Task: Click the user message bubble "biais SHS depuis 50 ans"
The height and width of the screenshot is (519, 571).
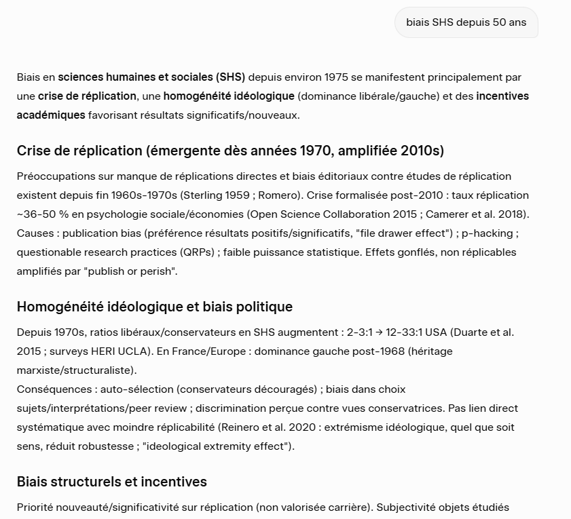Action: point(466,22)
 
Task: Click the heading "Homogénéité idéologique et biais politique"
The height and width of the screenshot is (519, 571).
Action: point(155,307)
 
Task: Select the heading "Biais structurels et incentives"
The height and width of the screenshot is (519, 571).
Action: point(112,482)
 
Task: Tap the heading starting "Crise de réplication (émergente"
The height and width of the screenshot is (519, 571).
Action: point(230,150)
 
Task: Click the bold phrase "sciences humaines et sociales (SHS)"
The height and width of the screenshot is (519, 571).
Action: point(151,77)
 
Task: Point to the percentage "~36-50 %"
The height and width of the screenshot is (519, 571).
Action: point(38,214)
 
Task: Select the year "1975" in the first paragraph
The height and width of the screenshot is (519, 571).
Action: point(337,77)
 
